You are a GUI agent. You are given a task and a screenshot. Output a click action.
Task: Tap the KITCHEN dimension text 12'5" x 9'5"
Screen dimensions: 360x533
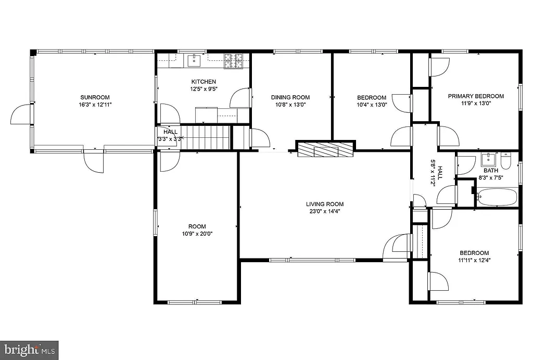204,89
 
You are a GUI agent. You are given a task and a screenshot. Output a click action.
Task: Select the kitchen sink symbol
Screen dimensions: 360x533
194,60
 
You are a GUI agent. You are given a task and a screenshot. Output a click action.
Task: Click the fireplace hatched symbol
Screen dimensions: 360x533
325,150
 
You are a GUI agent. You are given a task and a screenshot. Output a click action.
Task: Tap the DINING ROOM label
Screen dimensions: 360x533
290,97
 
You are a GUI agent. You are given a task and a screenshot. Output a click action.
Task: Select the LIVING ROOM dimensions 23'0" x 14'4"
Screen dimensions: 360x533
325,211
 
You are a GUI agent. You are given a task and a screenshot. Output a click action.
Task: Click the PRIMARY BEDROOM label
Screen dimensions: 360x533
476,96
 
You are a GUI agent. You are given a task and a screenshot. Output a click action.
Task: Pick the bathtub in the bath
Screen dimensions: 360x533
497,198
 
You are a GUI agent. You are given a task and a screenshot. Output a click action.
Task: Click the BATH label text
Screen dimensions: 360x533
491,171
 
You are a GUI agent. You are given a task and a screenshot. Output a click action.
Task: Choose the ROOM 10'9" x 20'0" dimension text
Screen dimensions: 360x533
197,234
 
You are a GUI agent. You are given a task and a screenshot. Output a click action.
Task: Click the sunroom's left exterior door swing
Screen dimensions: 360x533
21,114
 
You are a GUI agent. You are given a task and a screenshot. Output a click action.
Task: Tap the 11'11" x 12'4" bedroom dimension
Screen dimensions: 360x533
474,260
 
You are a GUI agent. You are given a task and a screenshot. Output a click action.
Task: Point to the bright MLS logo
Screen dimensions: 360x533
29,349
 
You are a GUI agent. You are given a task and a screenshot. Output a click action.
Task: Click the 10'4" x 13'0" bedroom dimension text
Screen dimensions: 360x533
372,105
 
